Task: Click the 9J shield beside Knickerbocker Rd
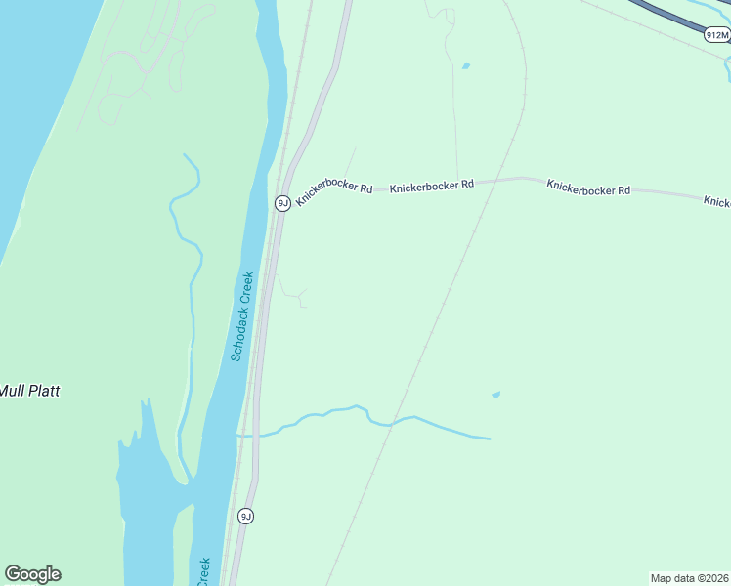[281, 203]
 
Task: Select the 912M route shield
[716, 35]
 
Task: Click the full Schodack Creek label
[244, 316]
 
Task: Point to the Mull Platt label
[29, 391]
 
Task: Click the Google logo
[32, 574]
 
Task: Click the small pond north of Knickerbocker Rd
[465, 66]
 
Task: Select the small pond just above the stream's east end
[495, 395]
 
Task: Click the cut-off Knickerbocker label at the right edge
[716, 201]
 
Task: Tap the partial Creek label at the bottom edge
[204, 572]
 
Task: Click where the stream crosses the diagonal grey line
[389, 425]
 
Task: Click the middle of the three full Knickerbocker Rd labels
[432, 184]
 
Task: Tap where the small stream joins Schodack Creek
[238, 435]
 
